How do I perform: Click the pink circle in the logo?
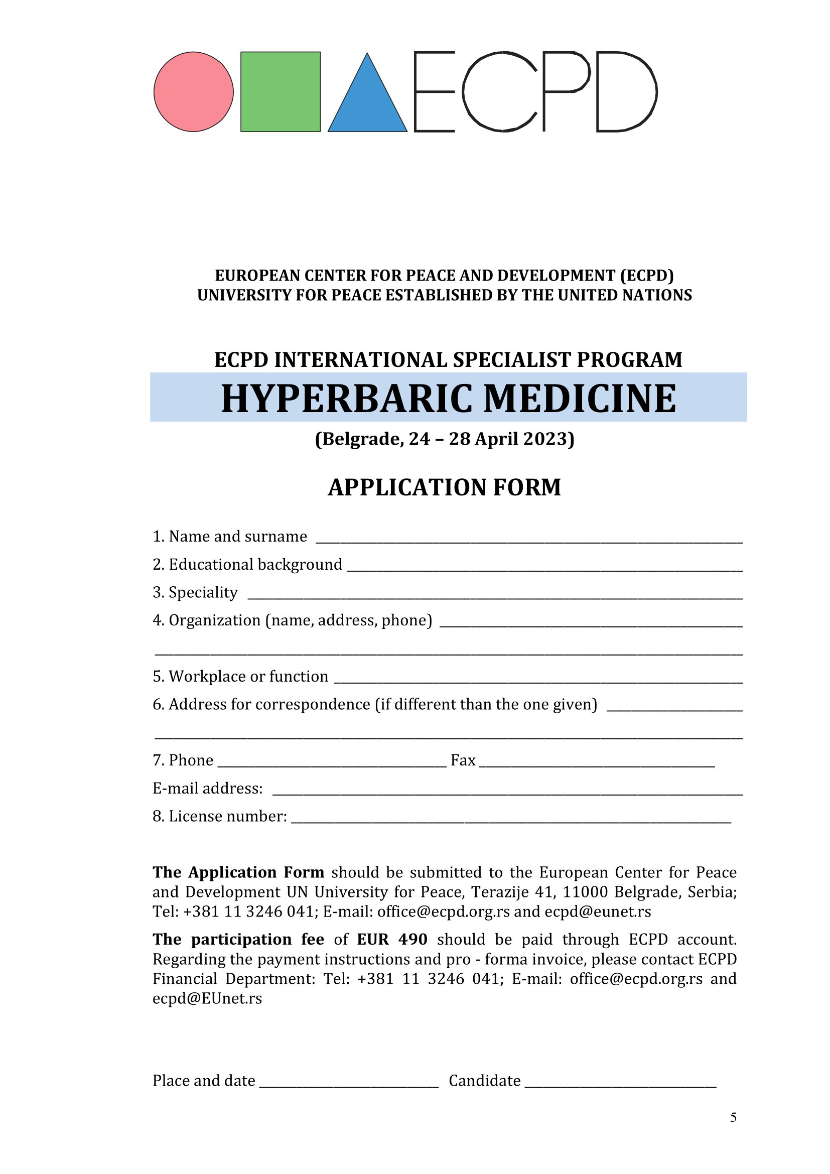194,92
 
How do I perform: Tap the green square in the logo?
281,92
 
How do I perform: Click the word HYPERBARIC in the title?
347,399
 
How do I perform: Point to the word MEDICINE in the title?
580,399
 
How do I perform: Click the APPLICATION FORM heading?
445,487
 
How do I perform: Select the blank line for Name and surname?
529,541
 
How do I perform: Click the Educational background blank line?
544,569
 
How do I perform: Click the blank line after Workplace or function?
538,681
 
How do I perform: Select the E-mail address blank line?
507,793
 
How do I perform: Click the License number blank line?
511,821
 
